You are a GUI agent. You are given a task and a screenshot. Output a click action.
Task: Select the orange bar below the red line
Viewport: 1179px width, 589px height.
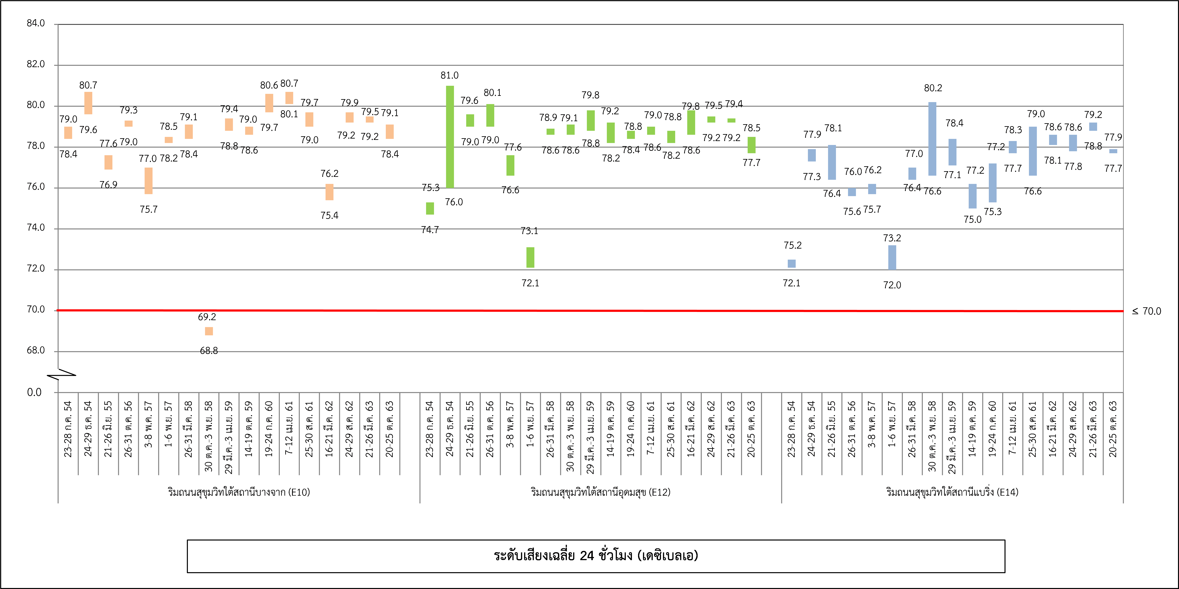(x=209, y=331)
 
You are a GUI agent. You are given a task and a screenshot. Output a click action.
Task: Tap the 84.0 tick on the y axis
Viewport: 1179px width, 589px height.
(x=36, y=23)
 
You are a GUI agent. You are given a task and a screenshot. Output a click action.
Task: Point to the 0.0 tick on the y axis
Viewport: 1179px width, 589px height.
(x=34, y=392)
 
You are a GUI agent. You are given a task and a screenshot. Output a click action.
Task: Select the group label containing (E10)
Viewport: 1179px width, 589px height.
(x=239, y=492)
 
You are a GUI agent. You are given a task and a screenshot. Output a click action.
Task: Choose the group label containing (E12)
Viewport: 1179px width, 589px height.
(x=601, y=492)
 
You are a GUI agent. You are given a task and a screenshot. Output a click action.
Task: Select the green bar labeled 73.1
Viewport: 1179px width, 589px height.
(x=530, y=257)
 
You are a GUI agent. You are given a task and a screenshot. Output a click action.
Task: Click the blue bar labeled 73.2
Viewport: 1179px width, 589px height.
(x=892, y=257)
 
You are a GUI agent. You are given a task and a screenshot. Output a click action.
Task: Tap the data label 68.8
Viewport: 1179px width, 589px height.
(x=209, y=351)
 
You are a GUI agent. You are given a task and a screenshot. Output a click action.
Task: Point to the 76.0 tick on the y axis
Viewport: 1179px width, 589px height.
(x=36, y=187)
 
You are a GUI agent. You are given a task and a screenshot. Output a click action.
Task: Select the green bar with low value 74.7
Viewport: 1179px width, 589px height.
(x=430, y=208)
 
